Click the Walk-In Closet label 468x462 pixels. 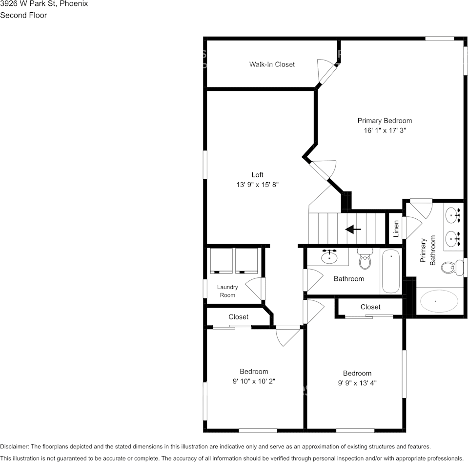[272, 64]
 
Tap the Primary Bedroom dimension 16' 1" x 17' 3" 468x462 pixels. [385, 130]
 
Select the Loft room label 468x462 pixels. [257, 175]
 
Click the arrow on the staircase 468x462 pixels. [353, 229]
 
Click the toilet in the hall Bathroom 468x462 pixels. [365, 258]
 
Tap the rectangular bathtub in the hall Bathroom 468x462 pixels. [390, 272]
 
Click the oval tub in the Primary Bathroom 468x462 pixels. [440, 301]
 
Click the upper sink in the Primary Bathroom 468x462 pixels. [452, 213]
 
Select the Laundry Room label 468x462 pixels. [227, 291]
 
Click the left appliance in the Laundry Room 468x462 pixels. [221, 260]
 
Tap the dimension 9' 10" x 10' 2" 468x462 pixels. [254, 381]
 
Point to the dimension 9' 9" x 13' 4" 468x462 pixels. [357, 383]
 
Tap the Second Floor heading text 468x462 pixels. [23, 15]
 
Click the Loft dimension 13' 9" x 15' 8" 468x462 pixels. [257, 185]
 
